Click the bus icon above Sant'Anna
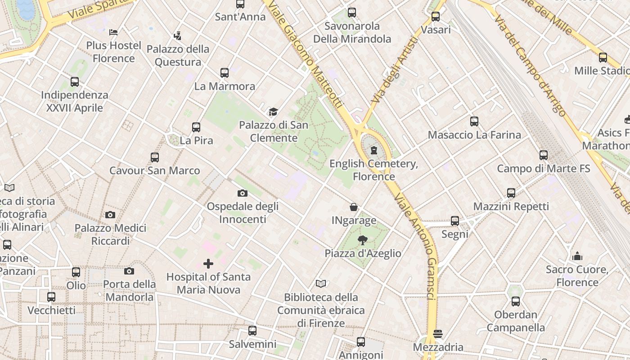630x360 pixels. click(240, 4)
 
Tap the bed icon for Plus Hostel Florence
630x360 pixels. click(113, 32)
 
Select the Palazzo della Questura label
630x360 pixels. click(178, 55)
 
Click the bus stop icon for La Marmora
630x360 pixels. click(224, 72)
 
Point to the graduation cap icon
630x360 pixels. click(273, 112)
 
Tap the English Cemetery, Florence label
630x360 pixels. click(373, 170)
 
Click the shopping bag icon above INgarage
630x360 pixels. click(354, 207)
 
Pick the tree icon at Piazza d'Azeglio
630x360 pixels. click(362, 240)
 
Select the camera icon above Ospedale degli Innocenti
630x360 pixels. click(243, 193)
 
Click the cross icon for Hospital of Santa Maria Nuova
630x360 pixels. click(208, 263)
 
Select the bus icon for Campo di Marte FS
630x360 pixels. click(543, 155)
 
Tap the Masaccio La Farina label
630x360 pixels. click(474, 135)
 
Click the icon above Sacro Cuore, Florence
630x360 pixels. click(577, 256)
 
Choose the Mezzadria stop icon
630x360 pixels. click(438, 334)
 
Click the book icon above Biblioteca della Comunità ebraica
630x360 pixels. click(320, 283)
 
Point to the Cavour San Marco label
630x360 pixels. click(155, 171)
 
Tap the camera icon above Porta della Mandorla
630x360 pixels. click(129, 271)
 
